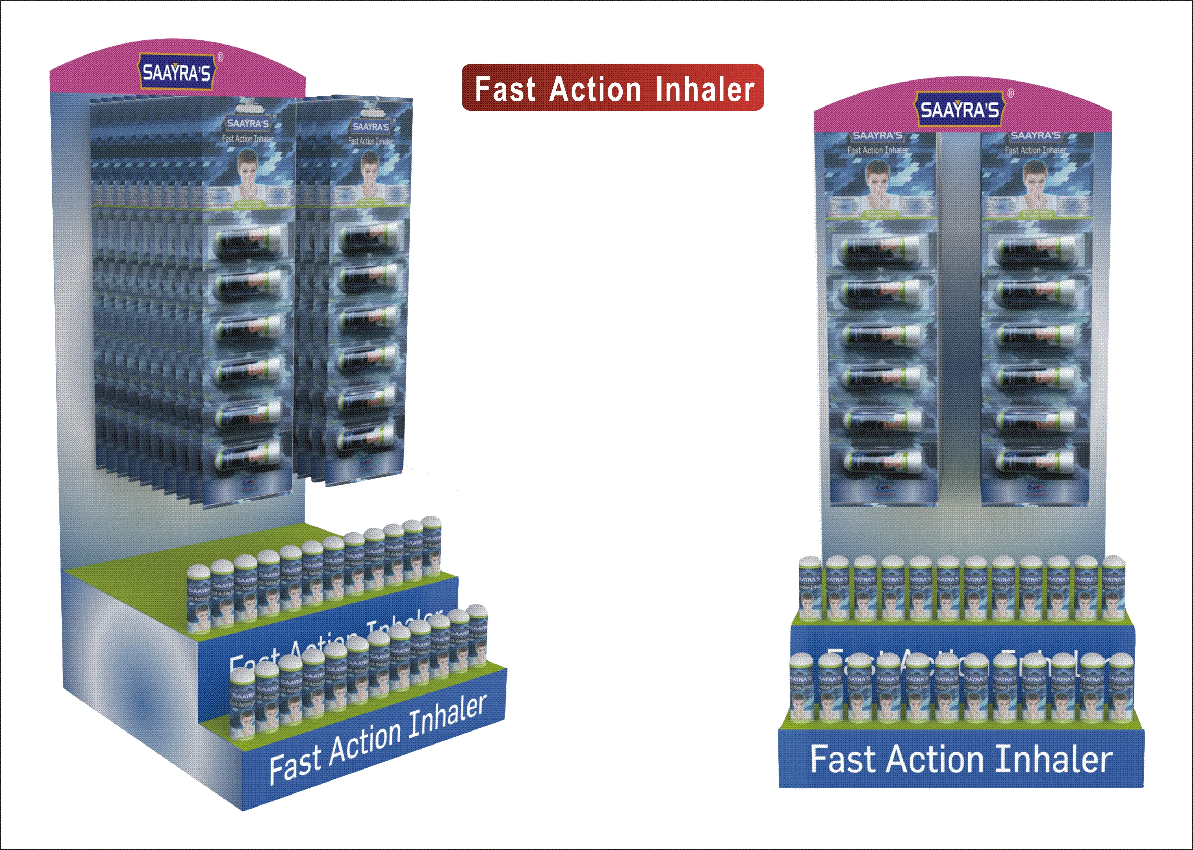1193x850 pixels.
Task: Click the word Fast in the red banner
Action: click(x=505, y=89)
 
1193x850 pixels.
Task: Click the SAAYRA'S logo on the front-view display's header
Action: click(x=959, y=110)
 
